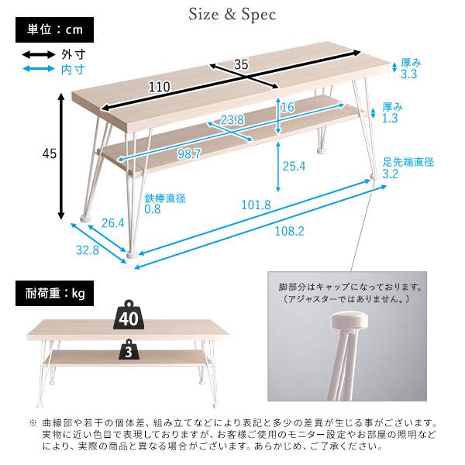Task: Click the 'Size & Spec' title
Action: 232,13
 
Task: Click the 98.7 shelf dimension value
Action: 187,154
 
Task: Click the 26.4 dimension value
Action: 112,224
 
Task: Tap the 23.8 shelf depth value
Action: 232,119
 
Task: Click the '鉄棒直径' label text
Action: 165,198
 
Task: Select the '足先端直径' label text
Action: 408,162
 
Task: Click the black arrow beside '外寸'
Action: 36,55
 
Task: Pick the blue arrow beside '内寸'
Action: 36,69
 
